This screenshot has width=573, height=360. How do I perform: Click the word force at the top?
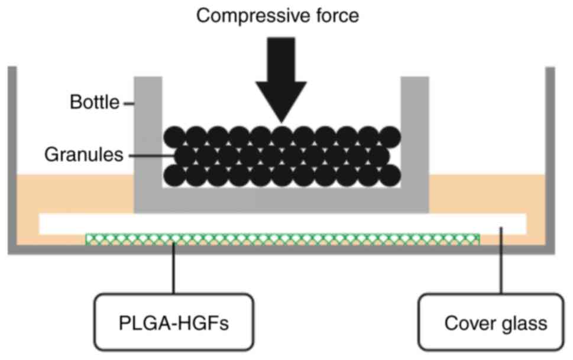[x=336, y=16]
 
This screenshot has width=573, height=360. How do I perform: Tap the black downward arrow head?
[x=281, y=102]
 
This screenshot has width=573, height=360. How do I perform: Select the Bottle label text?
[x=95, y=102]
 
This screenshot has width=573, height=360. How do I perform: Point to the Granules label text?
[x=84, y=155]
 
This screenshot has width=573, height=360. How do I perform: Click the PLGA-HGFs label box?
[x=174, y=322]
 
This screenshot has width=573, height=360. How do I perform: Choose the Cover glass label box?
[x=491, y=322]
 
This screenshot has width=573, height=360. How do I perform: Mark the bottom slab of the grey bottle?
[x=281, y=200]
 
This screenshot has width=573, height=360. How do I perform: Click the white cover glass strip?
[x=283, y=223]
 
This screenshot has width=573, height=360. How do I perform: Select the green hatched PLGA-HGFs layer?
[x=283, y=239]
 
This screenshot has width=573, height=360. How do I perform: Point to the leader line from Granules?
[x=152, y=155]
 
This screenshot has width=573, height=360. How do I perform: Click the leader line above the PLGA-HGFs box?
[x=174, y=268]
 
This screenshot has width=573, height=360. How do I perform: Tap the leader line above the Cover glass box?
[x=501, y=260]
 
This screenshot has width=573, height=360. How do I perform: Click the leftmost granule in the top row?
[x=174, y=137]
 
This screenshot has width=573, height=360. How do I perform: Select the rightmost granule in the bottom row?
[x=390, y=176]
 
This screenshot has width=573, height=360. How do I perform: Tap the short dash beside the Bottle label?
[x=129, y=104]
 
